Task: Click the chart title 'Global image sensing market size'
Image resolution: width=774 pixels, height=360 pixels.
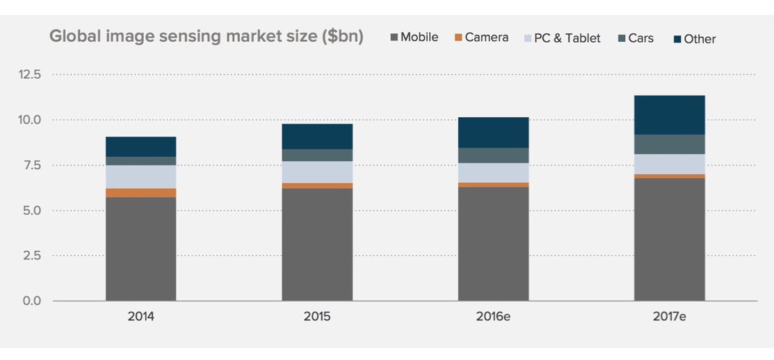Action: tap(206, 36)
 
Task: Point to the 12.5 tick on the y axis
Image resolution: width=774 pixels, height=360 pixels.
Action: tap(30, 74)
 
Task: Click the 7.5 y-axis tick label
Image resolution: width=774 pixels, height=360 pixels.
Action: tap(30, 165)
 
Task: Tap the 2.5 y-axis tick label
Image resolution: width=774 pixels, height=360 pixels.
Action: tap(30, 256)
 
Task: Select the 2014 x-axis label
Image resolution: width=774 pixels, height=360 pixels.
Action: tap(141, 317)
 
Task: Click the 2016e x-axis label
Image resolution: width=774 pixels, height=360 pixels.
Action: tap(493, 317)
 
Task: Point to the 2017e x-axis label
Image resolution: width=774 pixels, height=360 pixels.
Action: tap(669, 317)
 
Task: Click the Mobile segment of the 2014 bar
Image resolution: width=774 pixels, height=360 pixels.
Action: tap(141, 249)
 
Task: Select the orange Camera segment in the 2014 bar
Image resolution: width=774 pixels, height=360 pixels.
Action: tap(141, 193)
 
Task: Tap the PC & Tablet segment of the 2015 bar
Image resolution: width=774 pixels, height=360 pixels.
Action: tap(317, 172)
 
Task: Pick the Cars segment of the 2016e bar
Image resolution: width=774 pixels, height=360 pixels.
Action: tap(494, 155)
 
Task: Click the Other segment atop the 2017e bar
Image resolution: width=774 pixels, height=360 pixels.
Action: tap(670, 115)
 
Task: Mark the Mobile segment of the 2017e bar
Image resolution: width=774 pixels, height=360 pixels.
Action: tap(670, 239)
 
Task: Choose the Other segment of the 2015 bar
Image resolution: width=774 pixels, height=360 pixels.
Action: tap(317, 137)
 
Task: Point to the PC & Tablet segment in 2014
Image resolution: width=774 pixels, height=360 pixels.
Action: tap(141, 176)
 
